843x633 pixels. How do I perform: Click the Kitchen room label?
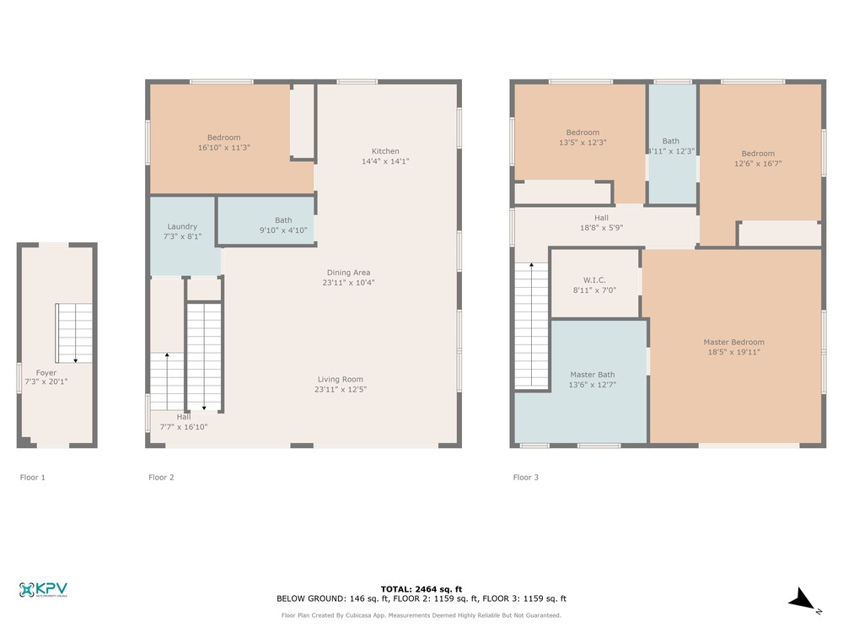[x=385, y=151]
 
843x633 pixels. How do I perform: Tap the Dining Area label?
[x=348, y=273]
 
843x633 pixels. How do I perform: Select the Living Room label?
[x=341, y=380]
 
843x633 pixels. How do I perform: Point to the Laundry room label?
[x=182, y=226]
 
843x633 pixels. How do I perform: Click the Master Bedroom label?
[x=734, y=343]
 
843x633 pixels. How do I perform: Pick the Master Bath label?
[x=593, y=375]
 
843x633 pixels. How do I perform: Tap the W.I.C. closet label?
[x=594, y=280]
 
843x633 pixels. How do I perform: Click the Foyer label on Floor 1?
[x=46, y=372]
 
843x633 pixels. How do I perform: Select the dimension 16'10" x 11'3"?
[x=224, y=148]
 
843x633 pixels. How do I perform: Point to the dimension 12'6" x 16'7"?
[x=758, y=164]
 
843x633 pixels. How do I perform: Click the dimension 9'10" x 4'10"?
[x=283, y=230]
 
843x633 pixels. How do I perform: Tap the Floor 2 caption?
[x=161, y=478]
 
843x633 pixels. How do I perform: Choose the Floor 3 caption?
[x=526, y=478]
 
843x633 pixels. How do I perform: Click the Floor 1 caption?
[x=33, y=478]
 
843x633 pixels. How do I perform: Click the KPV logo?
[x=43, y=590]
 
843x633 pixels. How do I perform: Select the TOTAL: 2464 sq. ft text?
[x=421, y=589]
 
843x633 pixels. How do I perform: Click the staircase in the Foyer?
[x=74, y=333]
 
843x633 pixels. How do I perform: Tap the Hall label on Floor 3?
[x=602, y=218]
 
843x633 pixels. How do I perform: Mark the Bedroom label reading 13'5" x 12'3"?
[x=583, y=133]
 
